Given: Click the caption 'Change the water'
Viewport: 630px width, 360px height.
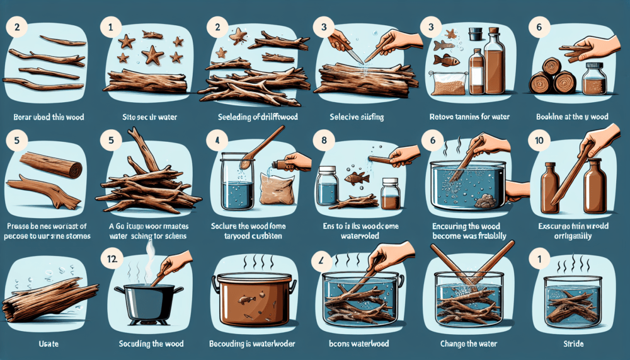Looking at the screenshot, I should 467,344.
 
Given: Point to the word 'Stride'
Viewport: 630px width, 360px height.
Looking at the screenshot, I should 572,344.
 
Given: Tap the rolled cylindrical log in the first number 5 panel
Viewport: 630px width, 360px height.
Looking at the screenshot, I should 50,165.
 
